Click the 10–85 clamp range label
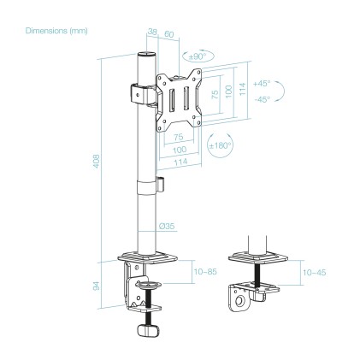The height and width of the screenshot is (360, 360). (x=206, y=272)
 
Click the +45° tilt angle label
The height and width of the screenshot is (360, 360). (x=262, y=83)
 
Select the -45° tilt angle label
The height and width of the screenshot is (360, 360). (x=262, y=98)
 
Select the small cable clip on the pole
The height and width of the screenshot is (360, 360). (x=161, y=184)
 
